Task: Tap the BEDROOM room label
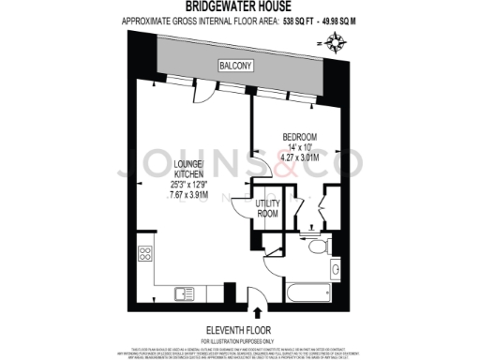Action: coord(299,137)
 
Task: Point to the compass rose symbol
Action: coord(334,42)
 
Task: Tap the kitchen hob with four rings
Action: coord(146,255)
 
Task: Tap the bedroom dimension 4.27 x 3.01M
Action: coord(299,157)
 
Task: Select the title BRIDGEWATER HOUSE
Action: coord(239,7)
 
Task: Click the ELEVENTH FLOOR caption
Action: coord(239,328)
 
